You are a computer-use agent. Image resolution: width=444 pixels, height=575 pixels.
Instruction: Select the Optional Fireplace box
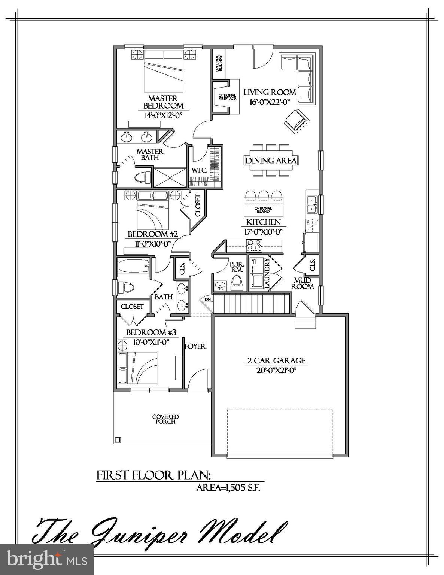coord(227,97)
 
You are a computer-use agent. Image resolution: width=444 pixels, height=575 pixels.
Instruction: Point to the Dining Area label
coord(271,161)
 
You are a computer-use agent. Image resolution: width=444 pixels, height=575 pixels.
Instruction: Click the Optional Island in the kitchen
coord(263,210)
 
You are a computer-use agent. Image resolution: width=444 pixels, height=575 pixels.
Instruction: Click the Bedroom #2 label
coord(152,234)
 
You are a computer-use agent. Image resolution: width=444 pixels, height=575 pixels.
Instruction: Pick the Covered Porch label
coord(165,419)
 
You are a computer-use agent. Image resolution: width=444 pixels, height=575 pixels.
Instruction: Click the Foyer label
coord(195,346)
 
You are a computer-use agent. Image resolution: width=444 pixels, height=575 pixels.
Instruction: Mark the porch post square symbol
coord(118,440)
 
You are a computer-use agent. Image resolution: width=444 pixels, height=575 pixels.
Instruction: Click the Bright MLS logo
coord(46,560)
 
